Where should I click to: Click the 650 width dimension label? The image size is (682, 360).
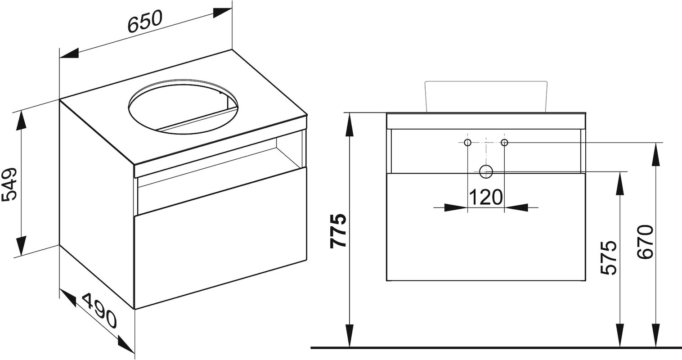point(144,22)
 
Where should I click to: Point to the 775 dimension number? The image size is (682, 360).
point(339,230)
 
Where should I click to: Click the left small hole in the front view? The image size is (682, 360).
point(468,142)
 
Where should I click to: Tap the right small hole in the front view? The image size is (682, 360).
point(504,142)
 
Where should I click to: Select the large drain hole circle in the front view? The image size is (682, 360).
point(486,171)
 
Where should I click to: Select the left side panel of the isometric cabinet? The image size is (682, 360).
point(97,204)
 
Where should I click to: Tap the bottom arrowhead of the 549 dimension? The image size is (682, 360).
point(21,247)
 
